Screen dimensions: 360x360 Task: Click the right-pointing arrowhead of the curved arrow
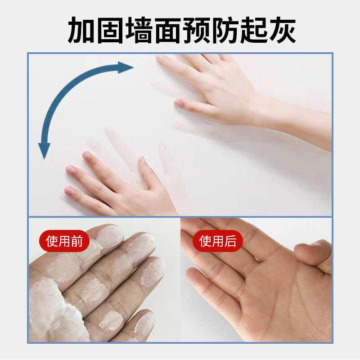(126, 68)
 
